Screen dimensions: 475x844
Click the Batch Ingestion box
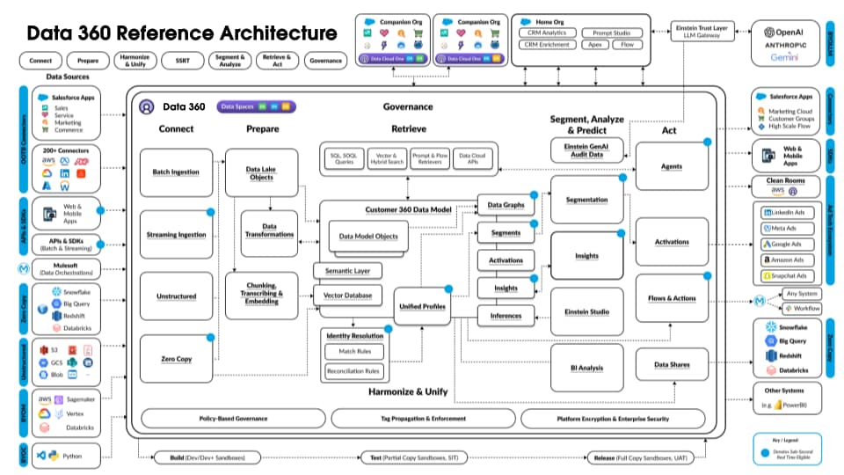pos(176,172)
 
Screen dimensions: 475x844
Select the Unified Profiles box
pos(423,306)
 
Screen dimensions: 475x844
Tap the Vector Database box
pos(347,296)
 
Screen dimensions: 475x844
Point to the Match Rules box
pos(354,352)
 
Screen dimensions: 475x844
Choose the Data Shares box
pos(672,364)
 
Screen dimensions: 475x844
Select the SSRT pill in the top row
pos(183,62)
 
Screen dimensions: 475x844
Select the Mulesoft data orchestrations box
pos(67,269)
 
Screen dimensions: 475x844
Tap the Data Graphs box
pos(505,206)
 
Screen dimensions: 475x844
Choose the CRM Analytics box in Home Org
pos(547,33)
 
